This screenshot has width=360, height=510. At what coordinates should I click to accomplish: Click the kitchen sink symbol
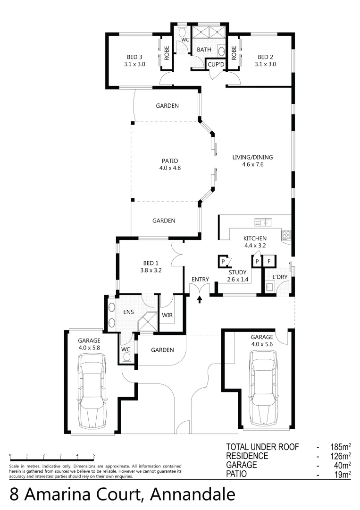pos(263,221)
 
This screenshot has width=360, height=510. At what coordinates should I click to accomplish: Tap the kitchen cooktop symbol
pos(286,235)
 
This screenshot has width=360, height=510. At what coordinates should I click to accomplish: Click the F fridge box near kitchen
pos(269,261)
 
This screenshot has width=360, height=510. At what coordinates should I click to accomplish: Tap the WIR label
pos(167,314)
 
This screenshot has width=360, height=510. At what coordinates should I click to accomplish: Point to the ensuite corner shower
pos(149,322)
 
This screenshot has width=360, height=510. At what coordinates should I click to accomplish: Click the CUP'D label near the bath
pos(216,64)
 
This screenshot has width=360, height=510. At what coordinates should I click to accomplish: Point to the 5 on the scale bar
pos(94,456)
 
